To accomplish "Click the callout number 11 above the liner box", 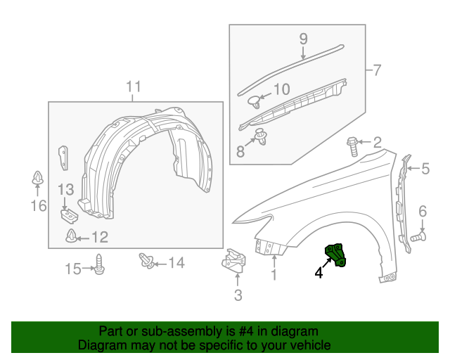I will pos(134,87).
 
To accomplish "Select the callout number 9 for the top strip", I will pos(304,38).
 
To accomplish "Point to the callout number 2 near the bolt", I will pos(377,143).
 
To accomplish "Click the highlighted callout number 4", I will pos(319,272).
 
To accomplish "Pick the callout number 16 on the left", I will pos(38,205).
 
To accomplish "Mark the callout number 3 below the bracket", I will pos(238,295).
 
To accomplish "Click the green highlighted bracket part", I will pos(334,255).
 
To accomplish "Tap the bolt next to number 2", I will pos(353,147).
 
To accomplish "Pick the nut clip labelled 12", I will pos(72,236).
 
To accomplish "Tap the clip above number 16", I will pos(37,179).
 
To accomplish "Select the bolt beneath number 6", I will pos(417,238).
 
